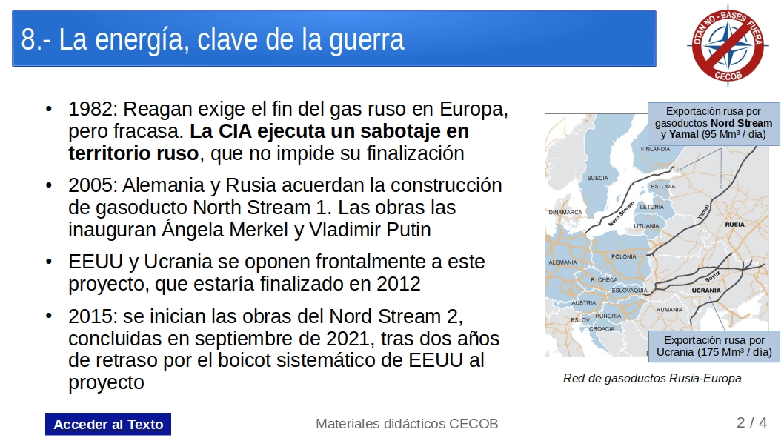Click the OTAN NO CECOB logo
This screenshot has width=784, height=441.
[x=728, y=46]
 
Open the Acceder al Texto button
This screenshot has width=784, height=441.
[x=108, y=424]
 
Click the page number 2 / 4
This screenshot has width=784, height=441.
[x=751, y=422]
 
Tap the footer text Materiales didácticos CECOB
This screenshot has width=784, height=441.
[x=407, y=423]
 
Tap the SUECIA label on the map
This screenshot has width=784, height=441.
[x=597, y=178]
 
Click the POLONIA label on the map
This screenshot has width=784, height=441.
[x=623, y=256]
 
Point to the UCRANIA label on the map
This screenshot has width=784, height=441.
[x=706, y=290]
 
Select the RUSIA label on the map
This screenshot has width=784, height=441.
[x=734, y=225]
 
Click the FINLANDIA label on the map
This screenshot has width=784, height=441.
[x=655, y=149]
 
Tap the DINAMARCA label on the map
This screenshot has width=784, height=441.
[x=565, y=212]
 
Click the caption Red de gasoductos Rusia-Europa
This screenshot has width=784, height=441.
[x=652, y=379]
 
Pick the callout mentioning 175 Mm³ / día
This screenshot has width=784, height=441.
[x=714, y=346]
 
